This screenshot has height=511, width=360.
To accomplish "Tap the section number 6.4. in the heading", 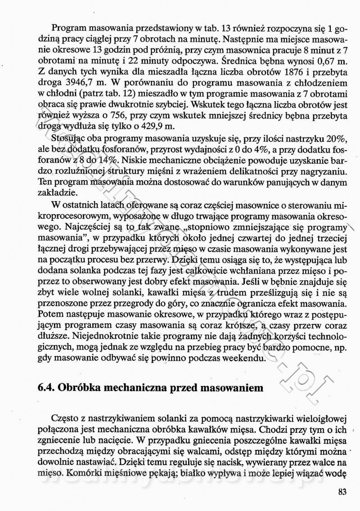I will click(48, 388).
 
